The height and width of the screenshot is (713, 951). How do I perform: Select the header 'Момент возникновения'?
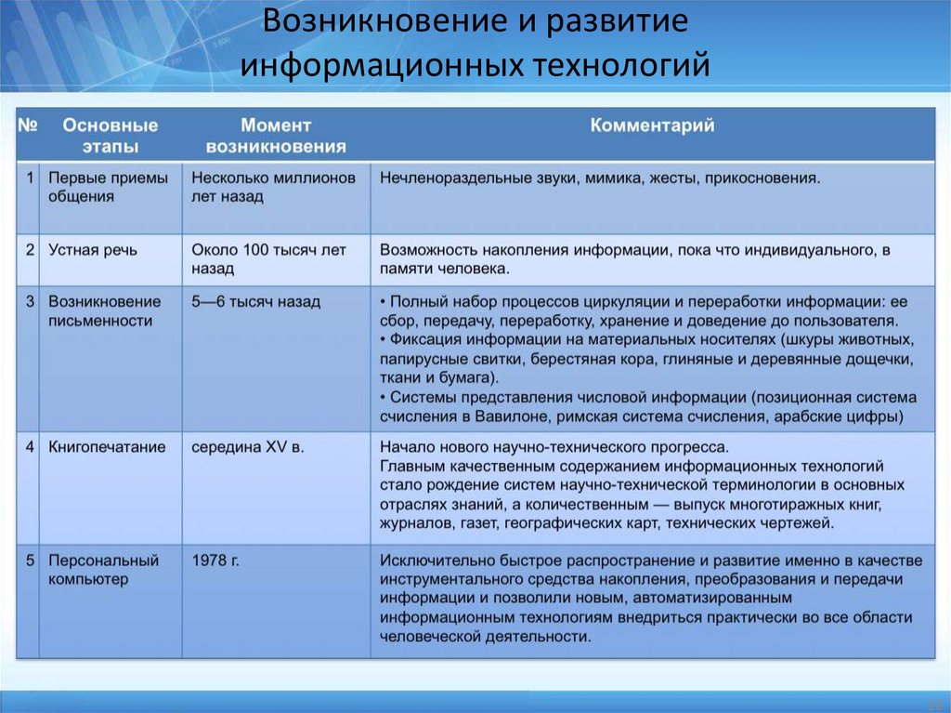pyautogui.click(x=276, y=136)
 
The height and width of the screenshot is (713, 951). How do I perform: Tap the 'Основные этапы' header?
pyautogui.click(x=110, y=136)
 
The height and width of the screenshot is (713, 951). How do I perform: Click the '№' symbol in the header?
pyautogui.click(x=29, y=125)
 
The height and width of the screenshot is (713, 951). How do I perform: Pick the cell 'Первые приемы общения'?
pyautogui.click(x=109, y=187)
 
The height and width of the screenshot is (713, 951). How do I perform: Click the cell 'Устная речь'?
pyautogui.click(x=92, y=249)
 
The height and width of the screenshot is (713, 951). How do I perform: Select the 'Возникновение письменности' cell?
pyautogui.click(x=104, y=310)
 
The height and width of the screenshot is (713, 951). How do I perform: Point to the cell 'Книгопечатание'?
pyautogui.click(x=107, y=447)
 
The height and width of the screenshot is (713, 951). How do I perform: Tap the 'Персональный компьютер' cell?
pyautogui.click(x=103, y=570)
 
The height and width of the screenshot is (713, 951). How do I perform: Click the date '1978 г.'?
pyautogui.click(x=215, y=561)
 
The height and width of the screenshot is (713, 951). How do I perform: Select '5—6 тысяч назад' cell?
pyautogui.click(x=255, y=301)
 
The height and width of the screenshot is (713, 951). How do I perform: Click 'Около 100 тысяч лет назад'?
pyautogui.click(x=268, y=258)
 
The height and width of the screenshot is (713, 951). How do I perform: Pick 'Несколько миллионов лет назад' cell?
pyautogui.click(x=273, y=187)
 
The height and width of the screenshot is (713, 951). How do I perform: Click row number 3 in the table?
pyautogui.click(x=31, y=301)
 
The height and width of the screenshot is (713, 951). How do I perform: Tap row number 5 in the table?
pyautogui.click(x=31, y=561)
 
